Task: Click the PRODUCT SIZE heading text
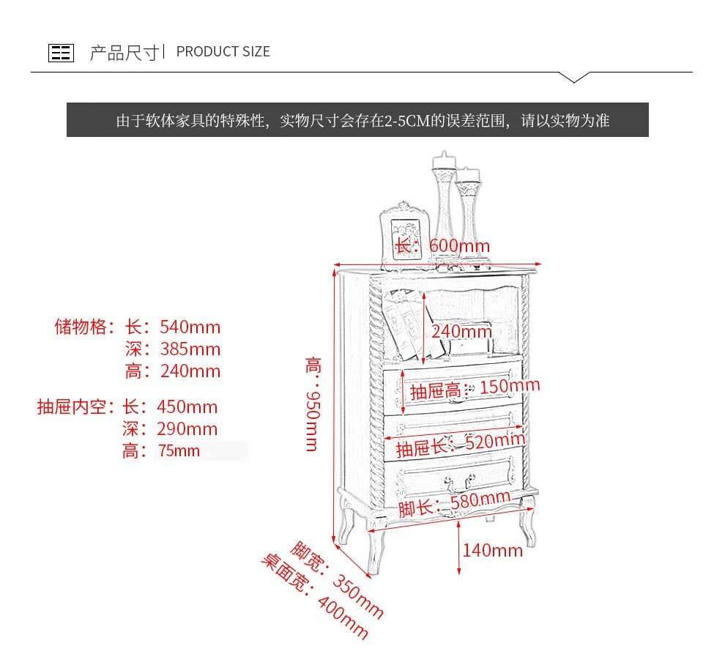tap(223, 52)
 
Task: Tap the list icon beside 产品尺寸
tap(61, 53)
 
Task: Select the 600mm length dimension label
tap(459, 246)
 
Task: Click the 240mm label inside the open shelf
tap(461, 331)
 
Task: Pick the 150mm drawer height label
tap(510, 387)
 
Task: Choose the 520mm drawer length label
tap(495, 442)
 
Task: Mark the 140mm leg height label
tap(492, 551)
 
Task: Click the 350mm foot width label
tap(358, 595)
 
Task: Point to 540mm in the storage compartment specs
tap(188, 327)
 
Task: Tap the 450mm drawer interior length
tap(187, 407)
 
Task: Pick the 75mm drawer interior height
tap(179, 451)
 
